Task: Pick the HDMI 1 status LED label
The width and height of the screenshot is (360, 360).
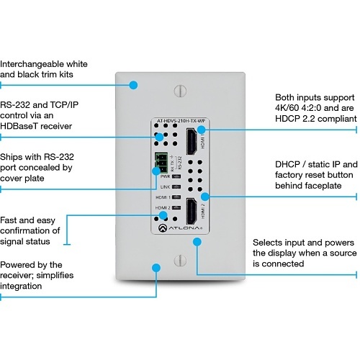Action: click(x=163, y=197)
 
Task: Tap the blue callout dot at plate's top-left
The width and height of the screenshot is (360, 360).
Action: click(x=132, y=85)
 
